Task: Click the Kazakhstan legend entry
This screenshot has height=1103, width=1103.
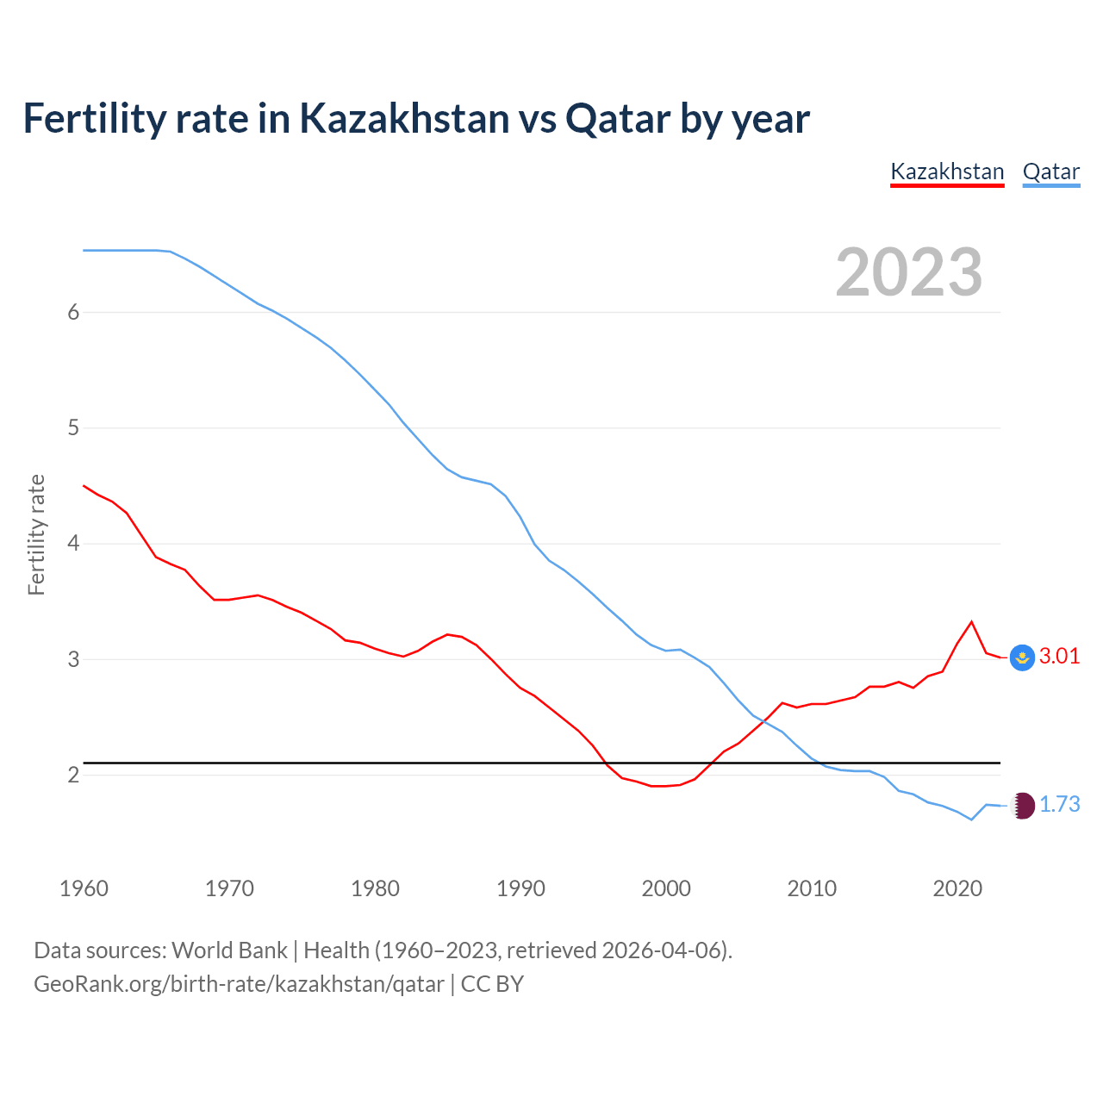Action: pos(947,171)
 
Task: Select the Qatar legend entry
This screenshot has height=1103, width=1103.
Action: pos(1050,171)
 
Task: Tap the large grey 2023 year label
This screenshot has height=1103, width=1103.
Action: pos(909,272)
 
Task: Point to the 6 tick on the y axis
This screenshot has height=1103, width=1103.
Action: pos(73,312)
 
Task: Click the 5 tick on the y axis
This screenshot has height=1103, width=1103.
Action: pos(73,427)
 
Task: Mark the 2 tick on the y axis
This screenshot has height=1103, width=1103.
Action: pos(73,775)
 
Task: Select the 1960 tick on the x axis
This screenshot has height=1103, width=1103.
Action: pos(84,888)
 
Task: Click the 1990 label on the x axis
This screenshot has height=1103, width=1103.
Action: pos(520,888)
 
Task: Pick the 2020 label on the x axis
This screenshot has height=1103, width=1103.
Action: pos(957,888)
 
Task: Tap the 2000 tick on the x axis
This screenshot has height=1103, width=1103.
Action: pos(666,888)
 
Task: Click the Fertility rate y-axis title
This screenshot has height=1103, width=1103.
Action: pos(36,534)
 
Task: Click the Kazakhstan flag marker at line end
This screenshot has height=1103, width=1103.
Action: pos(1022,657)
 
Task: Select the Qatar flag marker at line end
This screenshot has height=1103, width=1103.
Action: pos(1022,806)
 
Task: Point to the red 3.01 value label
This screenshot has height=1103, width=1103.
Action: pos(1059,656)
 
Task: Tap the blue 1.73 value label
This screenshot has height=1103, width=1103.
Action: pos(1059,804)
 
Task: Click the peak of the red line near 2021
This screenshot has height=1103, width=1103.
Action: pos(972,621)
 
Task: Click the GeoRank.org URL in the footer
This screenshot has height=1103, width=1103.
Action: pos(239,983)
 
